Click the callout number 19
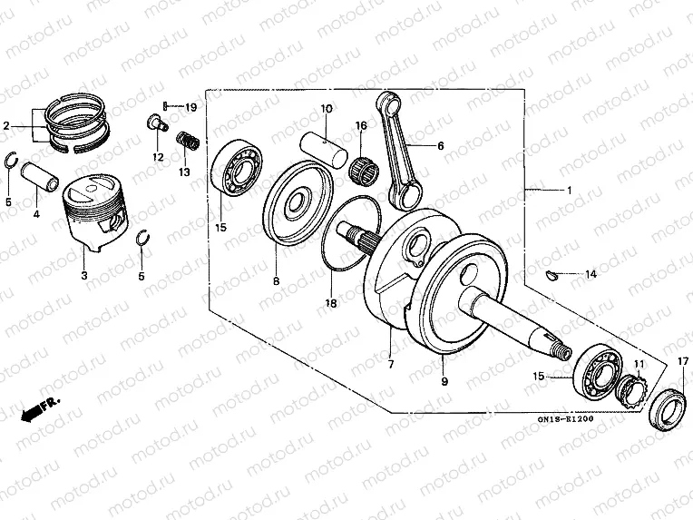click(x=190, y=107)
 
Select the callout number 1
click(x=569, y=191)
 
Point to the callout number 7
click(x=391, y=364)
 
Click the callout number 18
click(x=332, y=303)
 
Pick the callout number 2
click(x=6, y=125)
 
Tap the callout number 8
click(x=276, y=281)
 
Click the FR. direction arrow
click(x=36, y=408)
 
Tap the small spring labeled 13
click(x=187, y=143)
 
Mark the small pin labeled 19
click(x=168, y=107)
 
